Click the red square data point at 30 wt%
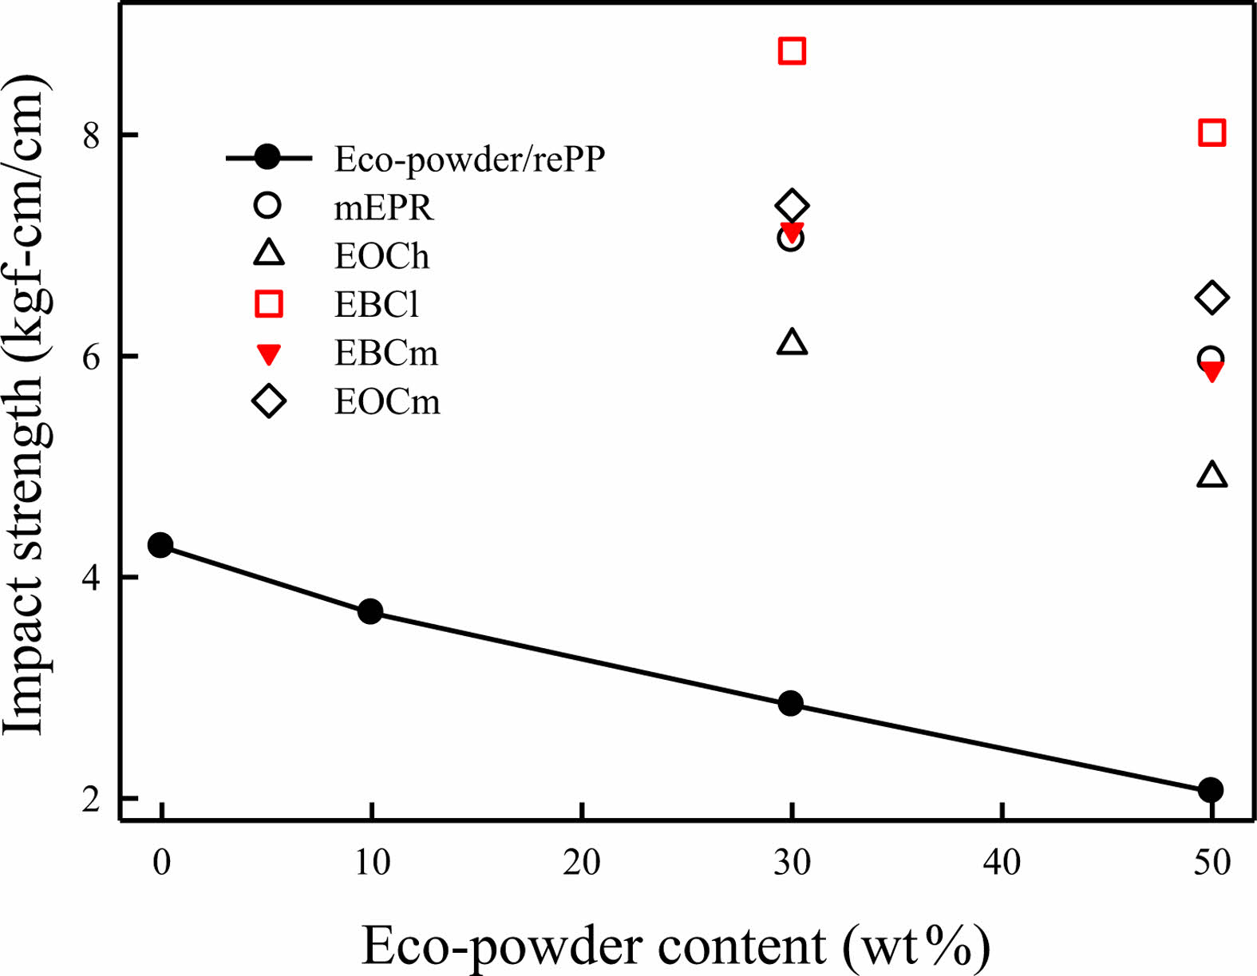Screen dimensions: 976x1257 [x=792, y=51]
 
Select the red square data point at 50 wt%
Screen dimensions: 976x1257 [x=1212, y=132]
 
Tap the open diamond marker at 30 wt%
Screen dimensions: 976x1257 [x=792, y=206]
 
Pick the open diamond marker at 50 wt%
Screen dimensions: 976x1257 [x=1212, y=298]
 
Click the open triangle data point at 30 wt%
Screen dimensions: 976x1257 [x=792, y=342]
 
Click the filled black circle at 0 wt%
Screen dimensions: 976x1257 [x=160, y=546]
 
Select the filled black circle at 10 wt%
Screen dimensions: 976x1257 [x=370, y=612]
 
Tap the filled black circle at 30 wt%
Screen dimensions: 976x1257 [x=790, y=704]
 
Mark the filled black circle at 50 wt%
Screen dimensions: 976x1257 [x=1210, y=790]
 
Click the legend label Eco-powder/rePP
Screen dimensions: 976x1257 [x=469, y=160]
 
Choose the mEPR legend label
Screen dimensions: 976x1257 [x=383, y=207]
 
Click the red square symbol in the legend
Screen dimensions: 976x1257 [x=268, y=304]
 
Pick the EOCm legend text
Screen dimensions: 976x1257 [x=387, y=401]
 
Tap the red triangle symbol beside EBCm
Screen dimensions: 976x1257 [x=269, y=354]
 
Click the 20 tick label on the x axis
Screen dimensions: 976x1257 [x=581, y=863]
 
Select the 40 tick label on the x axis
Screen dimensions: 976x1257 [x=1002, y=863]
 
